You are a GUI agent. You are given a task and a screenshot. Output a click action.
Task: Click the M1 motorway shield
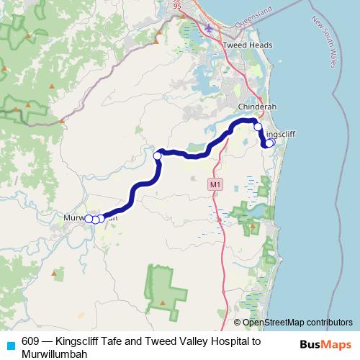[x=214, y=185]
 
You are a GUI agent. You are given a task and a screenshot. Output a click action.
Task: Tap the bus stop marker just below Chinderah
[x=258, y=126]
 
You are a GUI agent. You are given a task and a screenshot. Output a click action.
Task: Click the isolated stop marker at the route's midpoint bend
[x=157, y=155]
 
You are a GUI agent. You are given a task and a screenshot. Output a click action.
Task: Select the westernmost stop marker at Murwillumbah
[x=89, y=218]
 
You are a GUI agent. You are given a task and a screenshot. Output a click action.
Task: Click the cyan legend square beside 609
[x=9, y=344]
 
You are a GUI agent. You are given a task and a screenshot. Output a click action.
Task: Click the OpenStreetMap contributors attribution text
[x=297, y=322]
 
